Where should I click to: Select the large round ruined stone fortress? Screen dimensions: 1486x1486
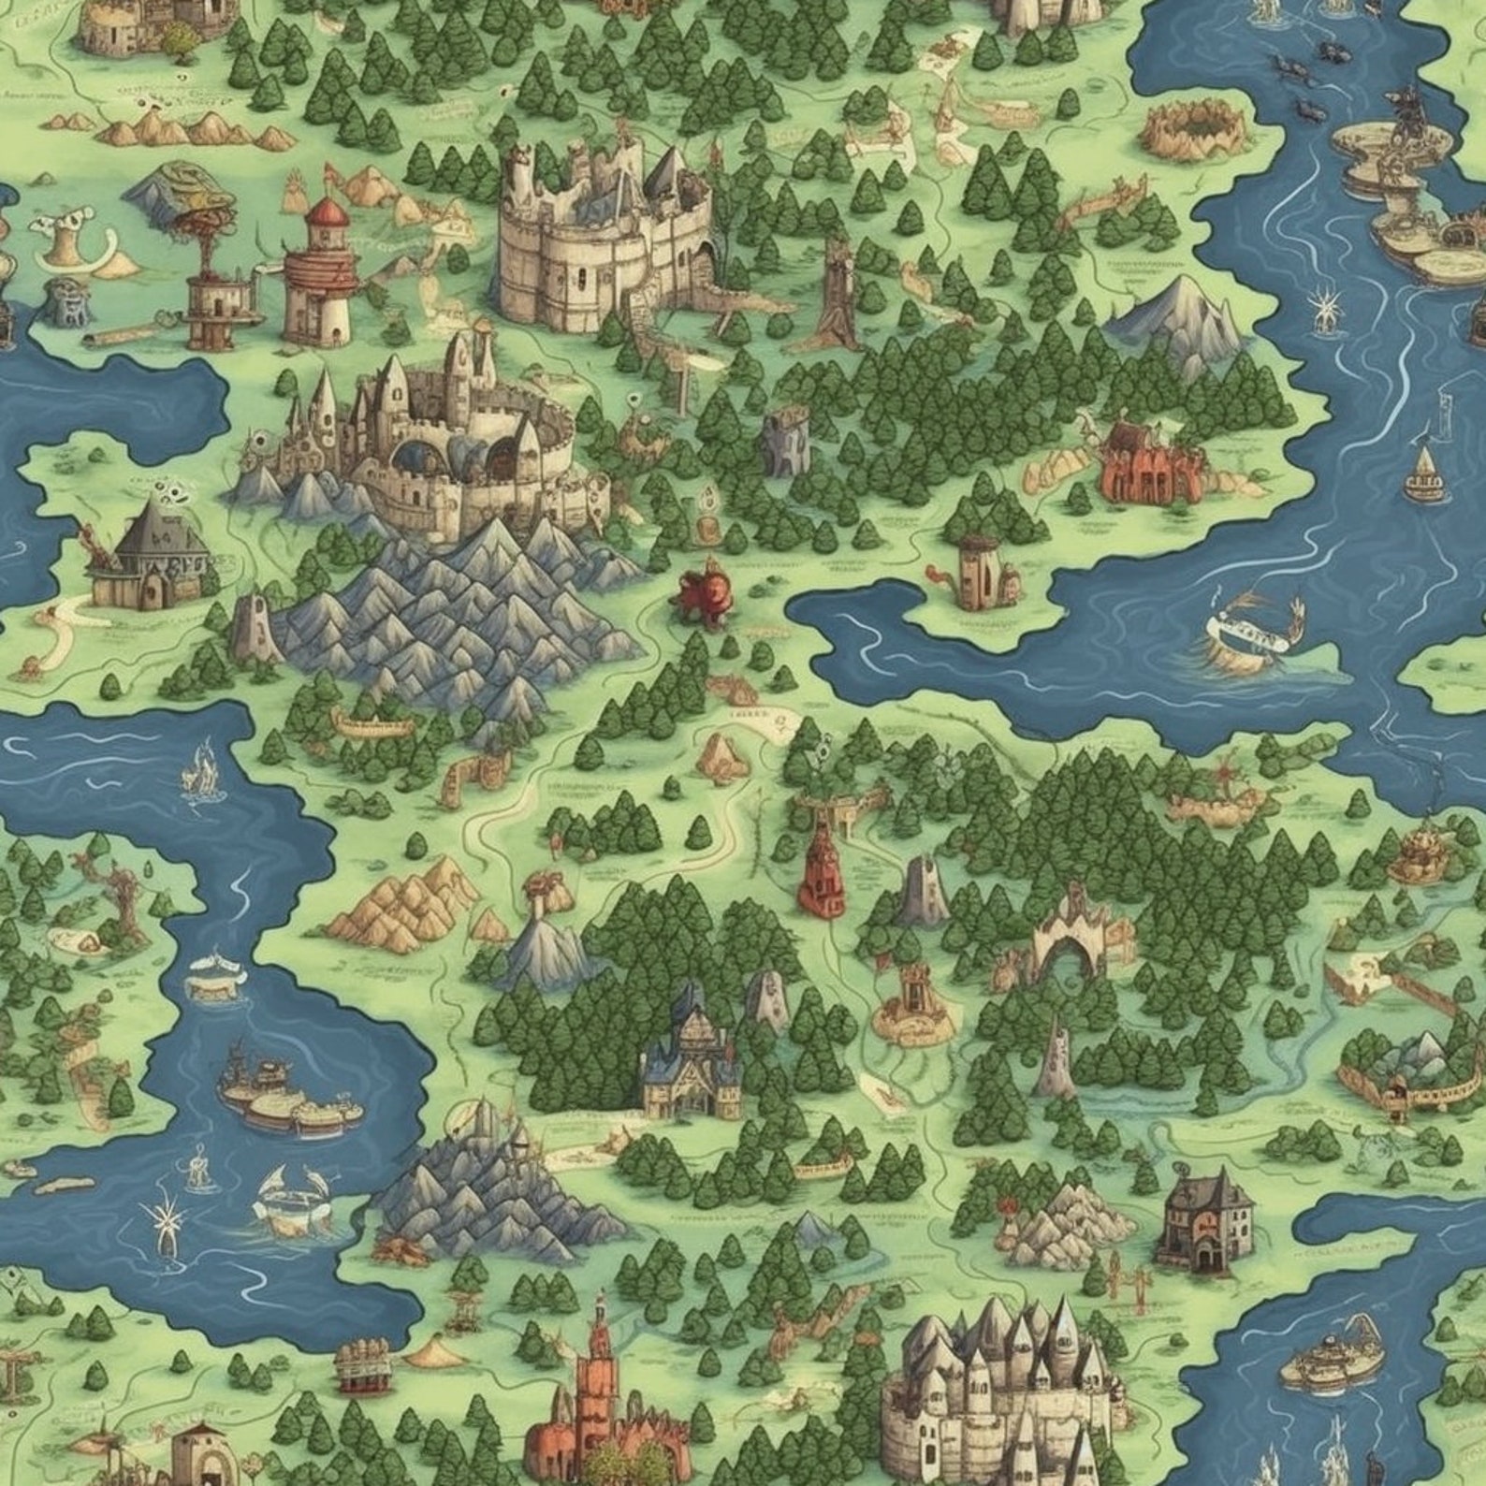click(599, 239)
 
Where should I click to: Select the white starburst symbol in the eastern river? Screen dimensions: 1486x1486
click(1327, 309)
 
